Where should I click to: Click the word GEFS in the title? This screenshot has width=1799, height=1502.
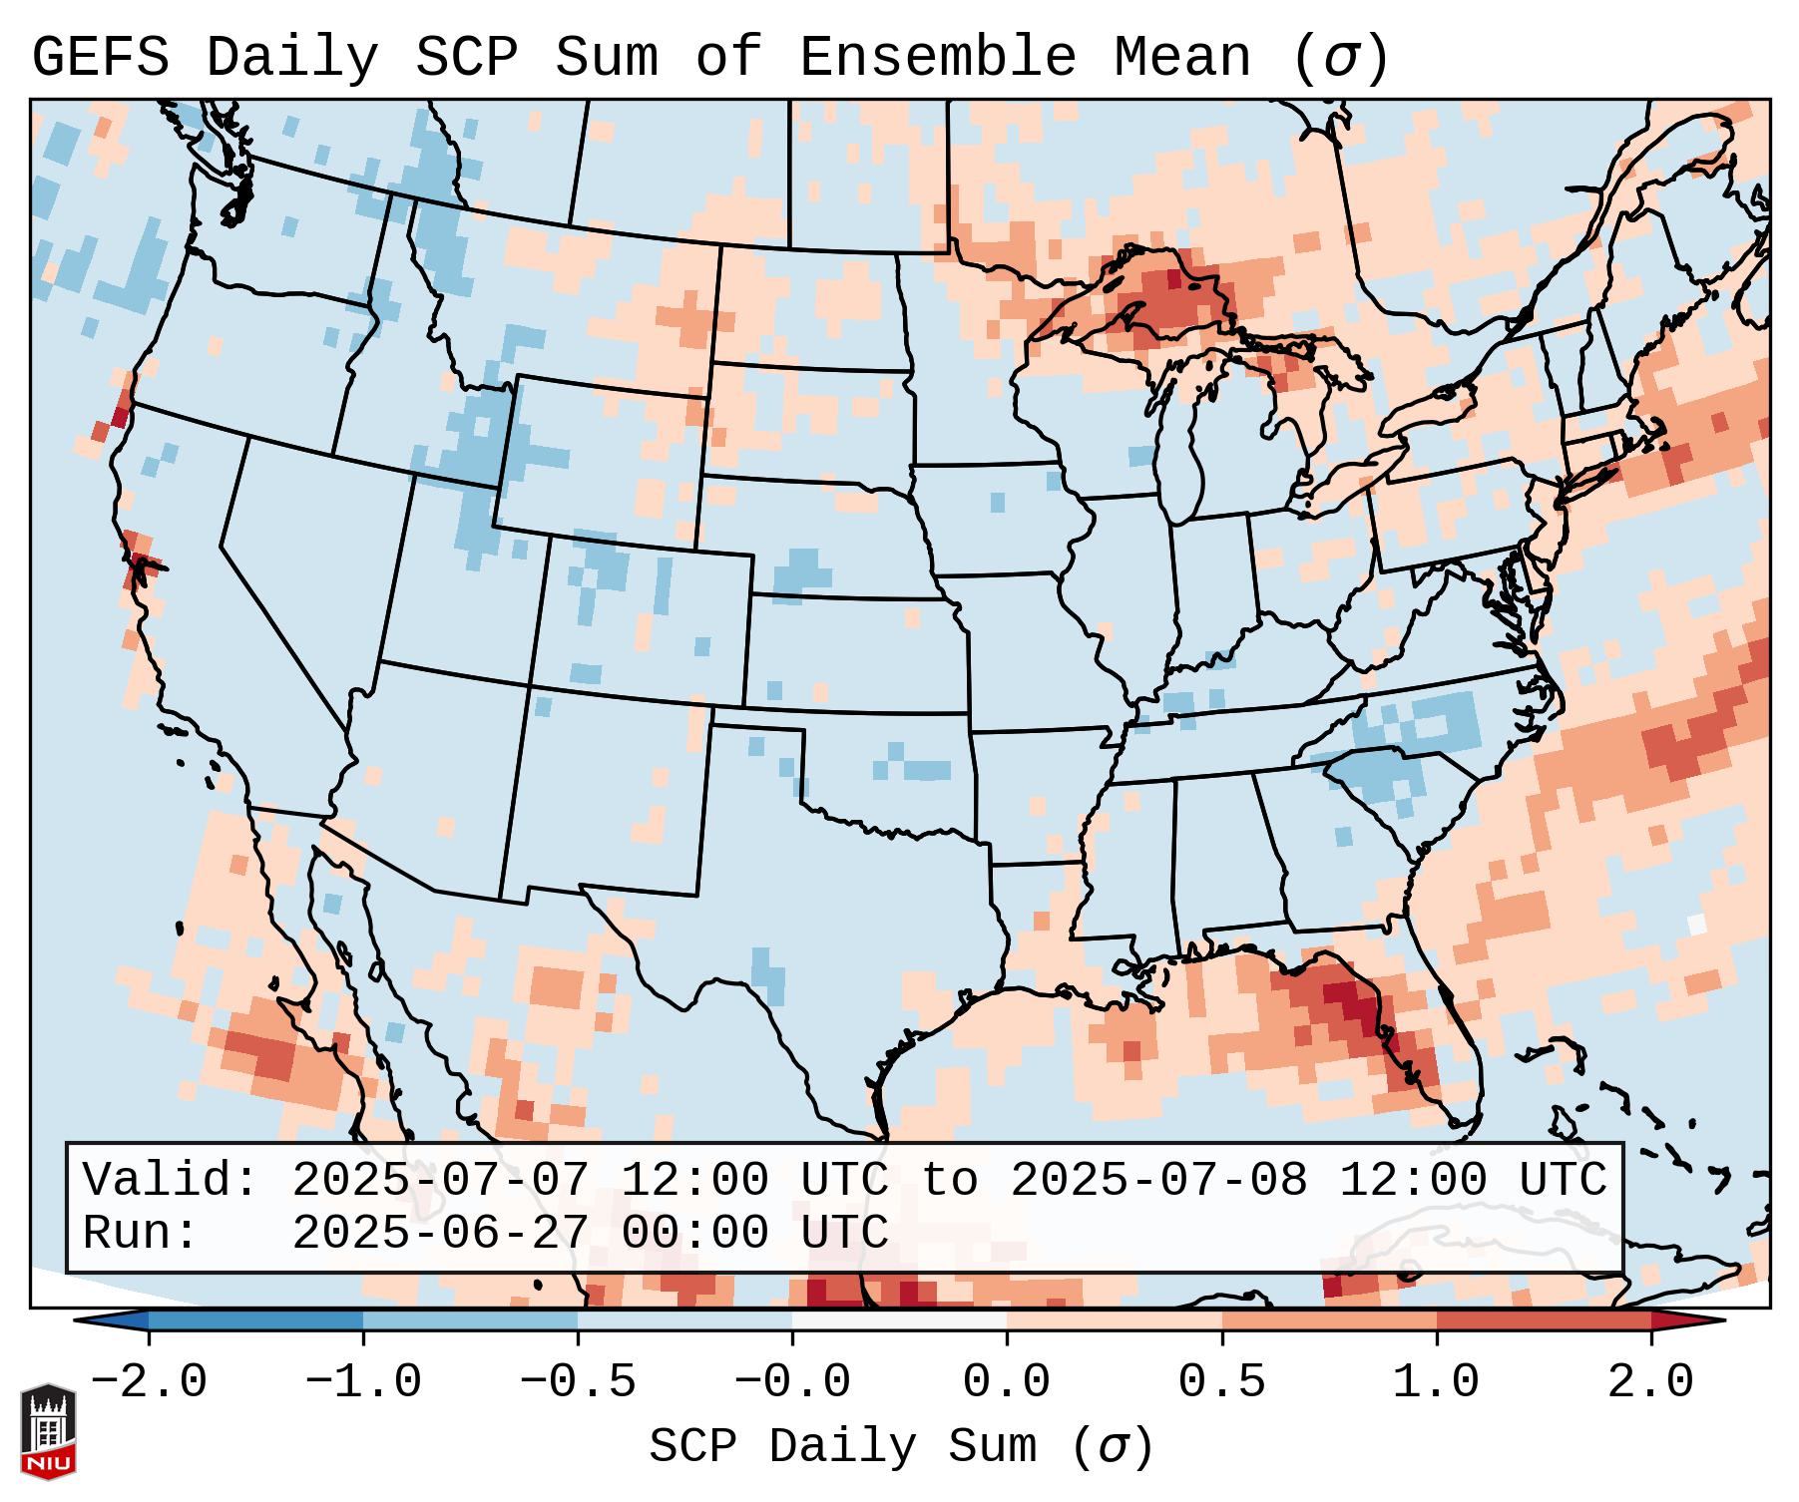[x=100, y=58]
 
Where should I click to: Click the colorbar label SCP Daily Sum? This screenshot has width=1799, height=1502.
[x=842, y=1447]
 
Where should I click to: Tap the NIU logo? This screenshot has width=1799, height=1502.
[x=48, y=1431]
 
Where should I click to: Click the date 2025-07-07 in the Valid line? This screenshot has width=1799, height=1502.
[x=440, y=1181]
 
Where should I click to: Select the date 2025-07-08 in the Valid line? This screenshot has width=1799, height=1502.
[x=1158, y=1181]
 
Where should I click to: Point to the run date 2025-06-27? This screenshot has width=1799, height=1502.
[x=440, y=1233]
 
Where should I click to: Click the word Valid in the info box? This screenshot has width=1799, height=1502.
[x=170, y=1181]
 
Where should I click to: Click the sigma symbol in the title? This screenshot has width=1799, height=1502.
[x=1340, y=58]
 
